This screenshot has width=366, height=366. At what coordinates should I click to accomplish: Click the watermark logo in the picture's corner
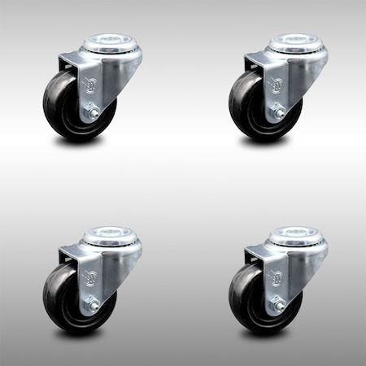point(350,351)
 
